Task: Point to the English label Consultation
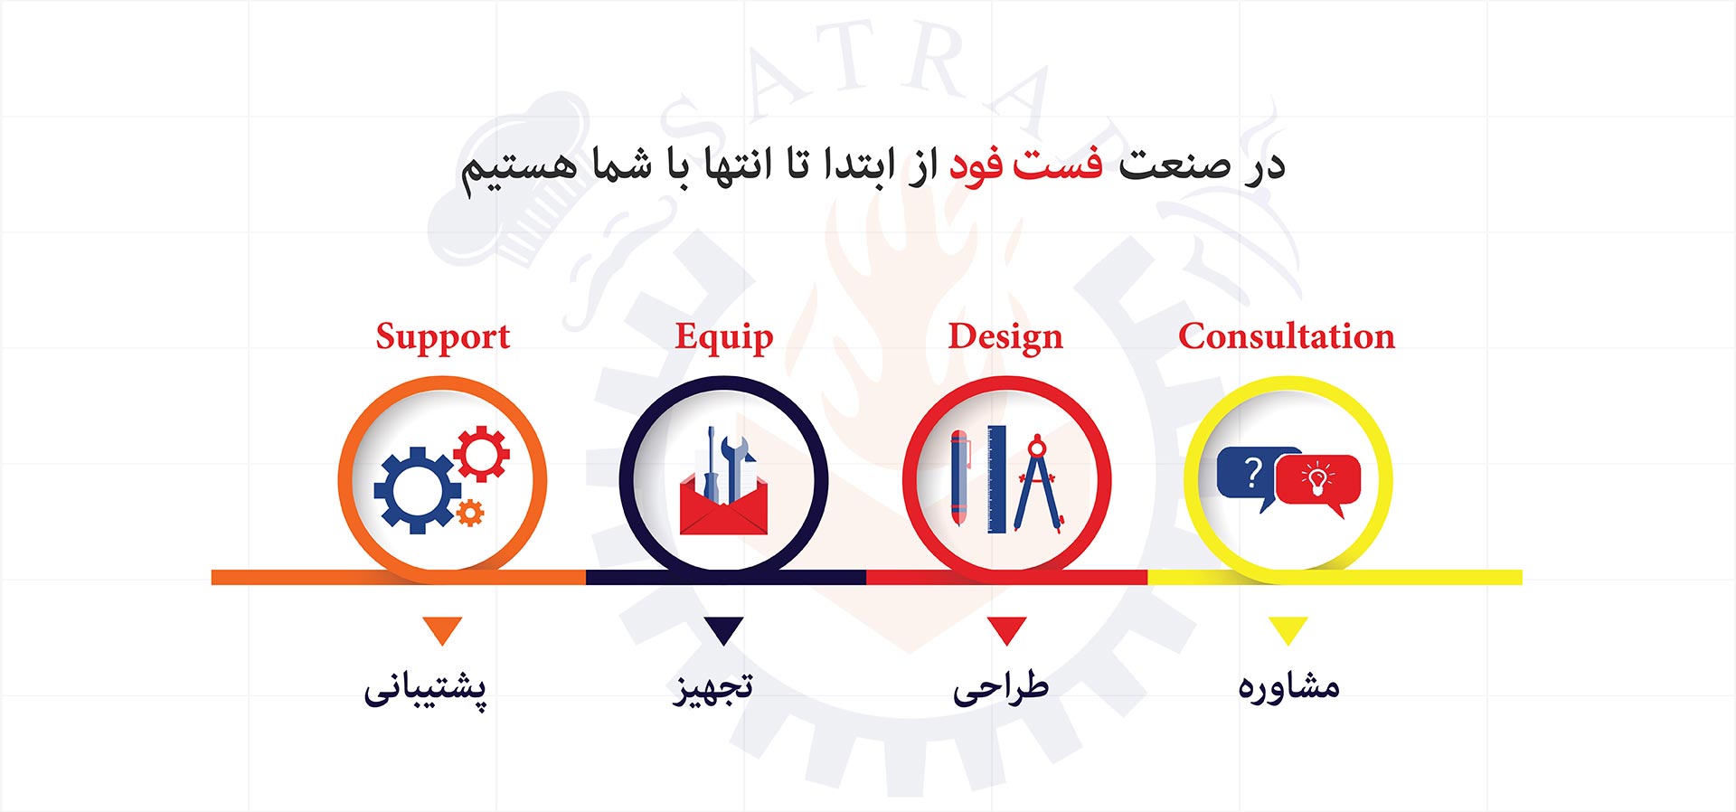[x=1287, y=335]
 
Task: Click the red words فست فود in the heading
[x=1025, y=165]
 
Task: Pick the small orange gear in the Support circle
[x=469, y=513]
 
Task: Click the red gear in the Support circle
[x=481, y=453]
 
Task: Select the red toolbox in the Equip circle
[x=723, y=506]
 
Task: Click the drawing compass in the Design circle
[x=1037, y=483]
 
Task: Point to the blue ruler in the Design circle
[x=996, y=479]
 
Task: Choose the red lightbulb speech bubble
[x=1317, y=483]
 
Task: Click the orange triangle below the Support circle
[x=442, y=628]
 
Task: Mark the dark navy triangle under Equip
[x=723, y=628]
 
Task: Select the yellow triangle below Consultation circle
[x=1288, y=628]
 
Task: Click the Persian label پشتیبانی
[x=425, y=689]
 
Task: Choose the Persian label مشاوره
[x=1288, y=686]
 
